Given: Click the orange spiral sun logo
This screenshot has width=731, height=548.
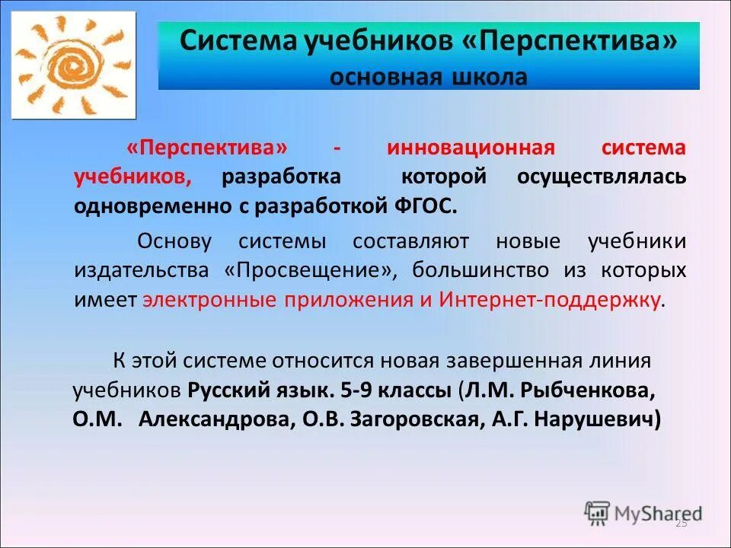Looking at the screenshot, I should pyautogui.click(x=74, y=65).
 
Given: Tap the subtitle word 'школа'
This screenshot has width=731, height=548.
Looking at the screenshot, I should pyautogui.click(x=493, y=78).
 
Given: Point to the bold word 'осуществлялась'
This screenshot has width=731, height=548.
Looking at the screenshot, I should pyautogui.click(x=602, y=177).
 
